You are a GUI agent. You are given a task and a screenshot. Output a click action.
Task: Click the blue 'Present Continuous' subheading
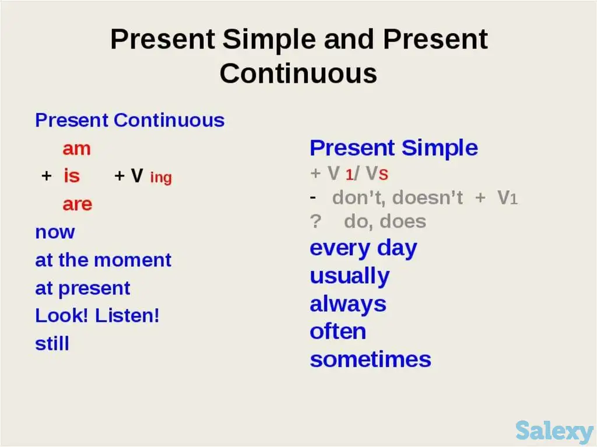coord(130,120)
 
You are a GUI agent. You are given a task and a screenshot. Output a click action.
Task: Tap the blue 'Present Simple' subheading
coord(394,147)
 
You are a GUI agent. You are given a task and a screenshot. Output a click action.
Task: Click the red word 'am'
coord(76,149)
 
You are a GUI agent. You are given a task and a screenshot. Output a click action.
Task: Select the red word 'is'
coord(72,175)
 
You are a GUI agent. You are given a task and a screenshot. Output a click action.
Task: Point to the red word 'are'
coord(78,204)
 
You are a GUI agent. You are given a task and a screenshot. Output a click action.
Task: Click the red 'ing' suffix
coord(161,178)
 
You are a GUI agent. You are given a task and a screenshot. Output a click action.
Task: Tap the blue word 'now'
coord(55,233)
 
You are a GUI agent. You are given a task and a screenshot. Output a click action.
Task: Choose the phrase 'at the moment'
coord(103,260)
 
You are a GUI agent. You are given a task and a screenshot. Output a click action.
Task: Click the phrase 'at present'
coord(83,288)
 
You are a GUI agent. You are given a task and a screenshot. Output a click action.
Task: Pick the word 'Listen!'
coord(127,315)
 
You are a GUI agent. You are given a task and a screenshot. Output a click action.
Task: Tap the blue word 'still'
coord(52,343)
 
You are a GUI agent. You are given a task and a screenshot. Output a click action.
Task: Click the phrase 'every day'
coord(364,249)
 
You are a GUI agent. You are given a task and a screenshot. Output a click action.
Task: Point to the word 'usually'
coord(350,276)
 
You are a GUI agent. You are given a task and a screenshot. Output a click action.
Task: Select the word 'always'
coord(348,304)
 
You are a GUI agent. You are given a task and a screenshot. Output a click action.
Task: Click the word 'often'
coord(338,332)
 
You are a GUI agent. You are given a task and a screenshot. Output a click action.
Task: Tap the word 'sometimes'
coord(370,360)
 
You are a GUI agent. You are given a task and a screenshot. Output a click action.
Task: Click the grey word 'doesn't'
coord(427,198)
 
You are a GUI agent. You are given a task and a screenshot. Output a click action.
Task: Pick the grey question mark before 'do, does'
coord(315,221)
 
